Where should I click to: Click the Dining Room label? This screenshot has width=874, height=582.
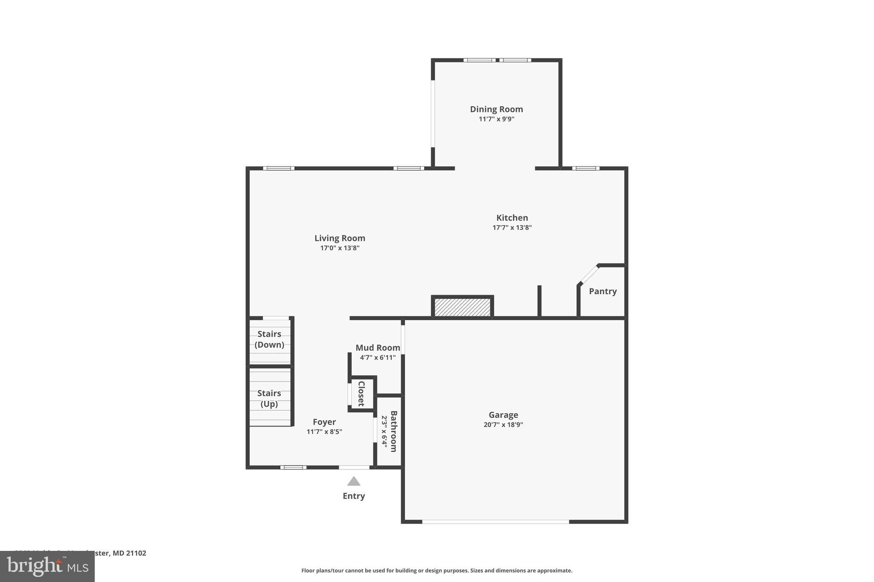tap(496, 109)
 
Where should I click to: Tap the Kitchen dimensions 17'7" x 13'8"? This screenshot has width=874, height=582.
tap(512, 228)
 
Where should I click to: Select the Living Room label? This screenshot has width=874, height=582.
tap(340, 238)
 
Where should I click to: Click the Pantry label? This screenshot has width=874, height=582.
tap(603, 291)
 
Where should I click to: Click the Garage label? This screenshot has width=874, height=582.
tap(503, 415)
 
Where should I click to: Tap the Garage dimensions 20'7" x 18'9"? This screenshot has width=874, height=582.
tap(503, 425)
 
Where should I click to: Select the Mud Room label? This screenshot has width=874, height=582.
tap(378, 348)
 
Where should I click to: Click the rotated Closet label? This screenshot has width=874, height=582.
tap(361, 394)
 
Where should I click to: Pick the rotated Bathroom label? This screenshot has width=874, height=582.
tap(393, 431)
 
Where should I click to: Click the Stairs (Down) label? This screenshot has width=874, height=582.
tap(269, 339)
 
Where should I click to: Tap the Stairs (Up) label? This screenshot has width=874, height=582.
tap(269, 398)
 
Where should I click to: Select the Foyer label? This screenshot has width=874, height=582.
tap(324, 422)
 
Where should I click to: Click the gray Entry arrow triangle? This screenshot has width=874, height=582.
tap(353, 482)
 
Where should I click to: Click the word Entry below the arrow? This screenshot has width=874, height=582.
tap(353, 496)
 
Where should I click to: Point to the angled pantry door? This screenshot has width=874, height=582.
tap(589, 274)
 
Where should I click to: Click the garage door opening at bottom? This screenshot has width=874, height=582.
tap(495, 521)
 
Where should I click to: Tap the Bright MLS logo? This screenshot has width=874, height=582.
tap(47, 567)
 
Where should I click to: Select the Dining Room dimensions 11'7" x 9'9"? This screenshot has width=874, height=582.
tap(496, 119)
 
